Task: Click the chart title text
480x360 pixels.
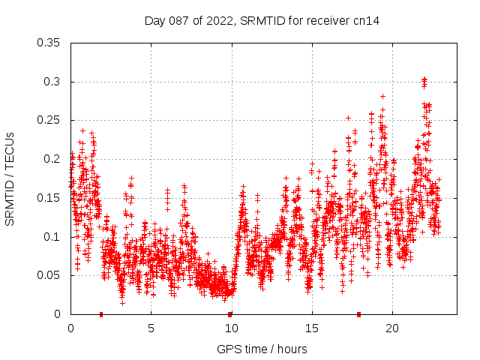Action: pyautogui.click(x=262, y=21)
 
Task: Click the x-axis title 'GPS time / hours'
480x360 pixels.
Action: pyautogui.click(x=262, y=349)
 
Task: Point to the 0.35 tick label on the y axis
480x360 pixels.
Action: pyautogui.click(x=49, y=43)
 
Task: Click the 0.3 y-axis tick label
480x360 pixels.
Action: pyautogui.click(x=52, y=82)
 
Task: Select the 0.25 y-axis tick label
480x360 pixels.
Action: pyautogui.click(x=49, y=121)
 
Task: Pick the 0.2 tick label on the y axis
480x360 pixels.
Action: pyautogui.click(x=52, y=159)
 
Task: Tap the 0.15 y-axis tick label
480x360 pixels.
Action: pyautogui.click(x=49, y=198)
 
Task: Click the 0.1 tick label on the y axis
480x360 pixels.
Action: pyautogui.click(x=52, y=237)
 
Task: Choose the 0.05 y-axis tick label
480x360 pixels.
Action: pyautogui.click(x=49, y=275)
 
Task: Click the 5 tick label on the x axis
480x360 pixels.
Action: pyautogui.click(x=151, y=328)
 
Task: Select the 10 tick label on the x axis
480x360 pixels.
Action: pyautogui.click(x=231, y=328)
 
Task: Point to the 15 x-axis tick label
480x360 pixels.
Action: pyautogui.click(x=311, y=328)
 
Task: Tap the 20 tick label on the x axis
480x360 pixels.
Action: pyautogui.click(x=391, y=328)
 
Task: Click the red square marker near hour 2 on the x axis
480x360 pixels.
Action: pyautogui.click(x=101, y=314)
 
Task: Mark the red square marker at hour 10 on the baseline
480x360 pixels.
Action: pyautogui.click(x=230, y=314)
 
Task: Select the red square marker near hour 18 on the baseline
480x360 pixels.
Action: pyautogui.click(x=359, y=314)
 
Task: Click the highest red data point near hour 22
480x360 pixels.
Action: pyautogui.click(x=424, y=78)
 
